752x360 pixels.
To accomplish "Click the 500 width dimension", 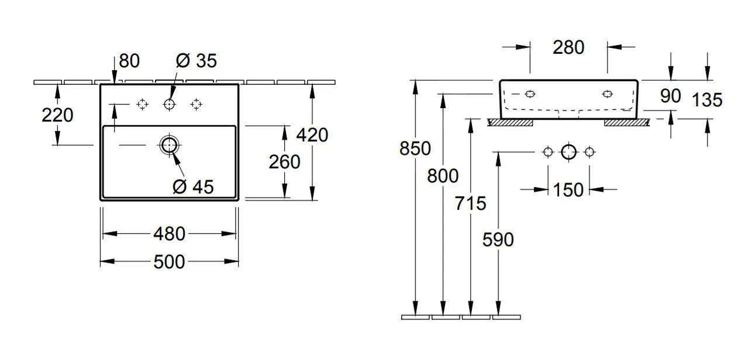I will (x=169, y=262).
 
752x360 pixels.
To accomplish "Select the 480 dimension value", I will (x=169, y=234).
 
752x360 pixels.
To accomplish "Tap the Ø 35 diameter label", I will (x=196, y=60).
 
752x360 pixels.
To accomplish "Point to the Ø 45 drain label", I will (x=193, y=186).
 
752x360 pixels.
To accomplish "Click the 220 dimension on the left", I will (x=57, y=115).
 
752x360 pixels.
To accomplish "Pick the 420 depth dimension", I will (x=312, y=134).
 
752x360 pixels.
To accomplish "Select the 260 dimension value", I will (x=284, y=161).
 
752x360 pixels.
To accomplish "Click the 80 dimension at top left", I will (x=129, y=60).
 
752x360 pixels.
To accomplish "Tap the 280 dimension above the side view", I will (x=568, y=47).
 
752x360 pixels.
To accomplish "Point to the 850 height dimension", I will (x=415, y=148).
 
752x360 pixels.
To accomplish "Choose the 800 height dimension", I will (x=443, y=175).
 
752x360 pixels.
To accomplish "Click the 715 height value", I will (x=471, y=203).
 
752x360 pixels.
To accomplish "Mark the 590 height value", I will (x=498, y=239).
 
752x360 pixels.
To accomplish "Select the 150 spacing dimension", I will (x=568, y=189).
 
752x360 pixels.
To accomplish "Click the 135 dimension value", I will (x=707, y=100).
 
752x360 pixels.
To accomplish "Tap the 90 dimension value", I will (x=671, y=96).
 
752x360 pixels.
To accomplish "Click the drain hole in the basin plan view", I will (x=169, y=145).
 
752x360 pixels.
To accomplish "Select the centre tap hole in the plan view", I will (x=170, y=105).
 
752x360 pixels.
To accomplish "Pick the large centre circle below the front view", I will (x=568, y=153).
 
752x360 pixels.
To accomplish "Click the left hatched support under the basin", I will (x=510, y=122).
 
